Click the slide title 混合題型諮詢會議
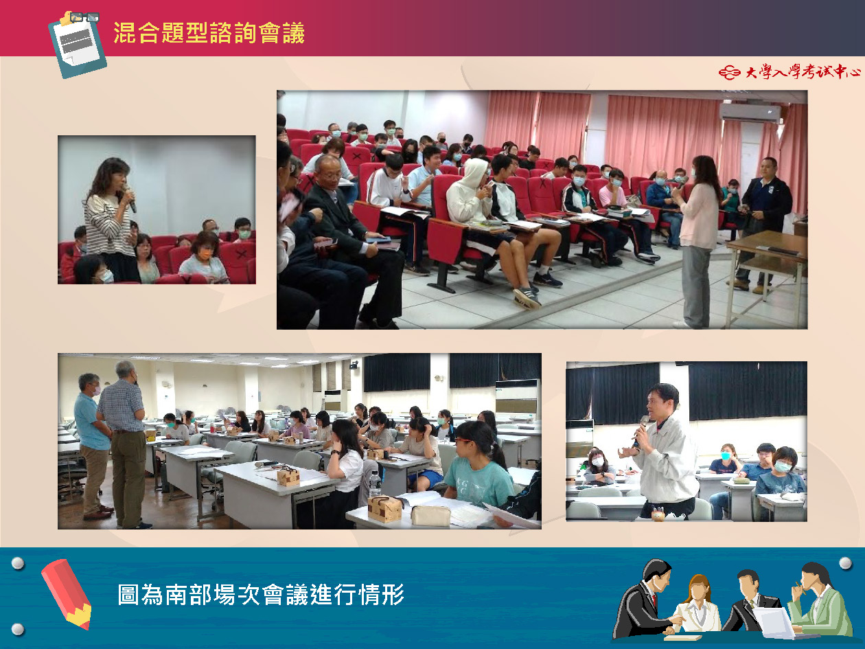coord(209,32)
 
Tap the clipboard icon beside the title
coord(78,45)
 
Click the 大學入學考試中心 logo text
coord(789,72)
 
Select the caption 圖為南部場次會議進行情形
coord(261,594)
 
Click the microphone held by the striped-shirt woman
coord(130,199)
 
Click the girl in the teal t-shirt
coord(478,465)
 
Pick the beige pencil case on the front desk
coord(430,515)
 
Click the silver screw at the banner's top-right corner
coord(845,563)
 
